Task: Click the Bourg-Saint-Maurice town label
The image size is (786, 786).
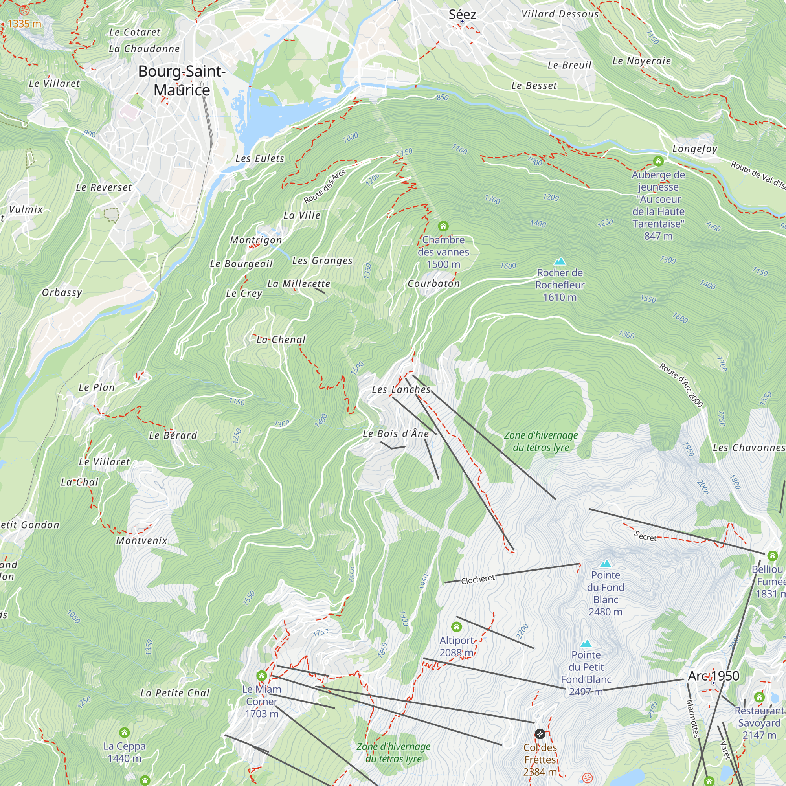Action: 182,81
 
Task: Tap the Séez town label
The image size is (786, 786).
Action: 462,15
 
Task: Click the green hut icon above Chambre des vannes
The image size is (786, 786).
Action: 443,226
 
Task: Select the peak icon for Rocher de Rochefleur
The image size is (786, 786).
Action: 560,261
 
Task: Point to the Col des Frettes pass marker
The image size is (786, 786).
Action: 540,734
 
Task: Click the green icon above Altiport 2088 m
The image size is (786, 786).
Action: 456,626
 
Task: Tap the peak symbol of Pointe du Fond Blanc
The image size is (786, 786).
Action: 606,564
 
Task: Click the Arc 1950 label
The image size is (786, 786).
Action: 713,676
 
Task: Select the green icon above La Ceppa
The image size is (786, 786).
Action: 125,733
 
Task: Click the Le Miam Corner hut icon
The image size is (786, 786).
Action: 262,676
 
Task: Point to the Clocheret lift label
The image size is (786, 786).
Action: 477,579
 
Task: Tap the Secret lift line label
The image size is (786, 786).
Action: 645,536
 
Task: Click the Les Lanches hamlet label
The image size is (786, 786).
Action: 401,389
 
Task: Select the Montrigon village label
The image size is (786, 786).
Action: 256,240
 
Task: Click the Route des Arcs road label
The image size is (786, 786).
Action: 325,186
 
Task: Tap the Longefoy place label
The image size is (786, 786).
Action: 694,149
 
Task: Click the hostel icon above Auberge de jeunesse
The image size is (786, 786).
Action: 658,161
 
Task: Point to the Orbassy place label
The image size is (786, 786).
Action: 62,292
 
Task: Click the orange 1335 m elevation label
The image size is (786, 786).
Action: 24,24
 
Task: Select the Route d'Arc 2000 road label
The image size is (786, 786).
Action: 681,385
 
